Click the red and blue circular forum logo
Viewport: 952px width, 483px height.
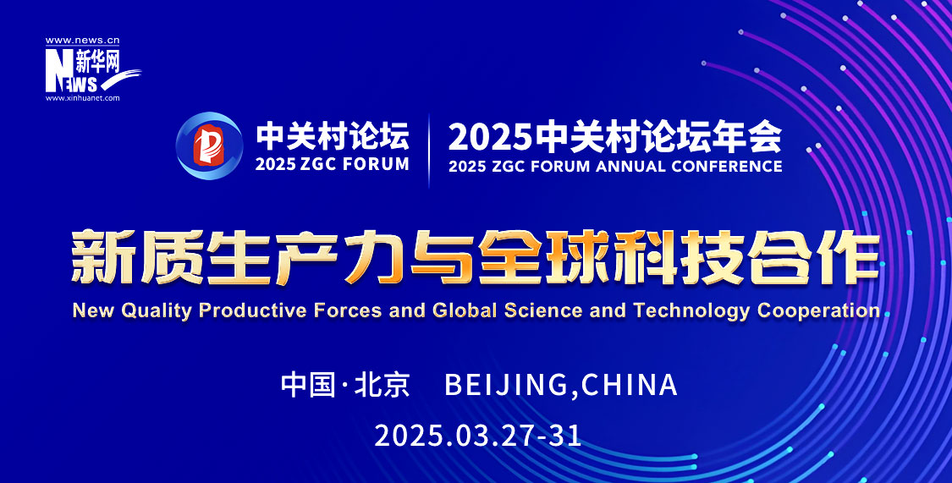tap(210, 145)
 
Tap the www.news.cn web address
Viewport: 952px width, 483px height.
tap(83, 41)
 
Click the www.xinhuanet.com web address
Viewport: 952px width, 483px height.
tap(83, 97)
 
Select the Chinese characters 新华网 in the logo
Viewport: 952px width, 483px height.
tap(98, 63)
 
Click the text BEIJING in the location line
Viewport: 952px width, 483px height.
tap(506, 385)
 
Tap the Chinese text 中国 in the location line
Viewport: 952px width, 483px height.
tap(307, 385)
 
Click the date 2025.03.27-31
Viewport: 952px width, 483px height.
tap(478, 436)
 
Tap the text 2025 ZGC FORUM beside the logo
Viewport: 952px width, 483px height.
tap(332, 164)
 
